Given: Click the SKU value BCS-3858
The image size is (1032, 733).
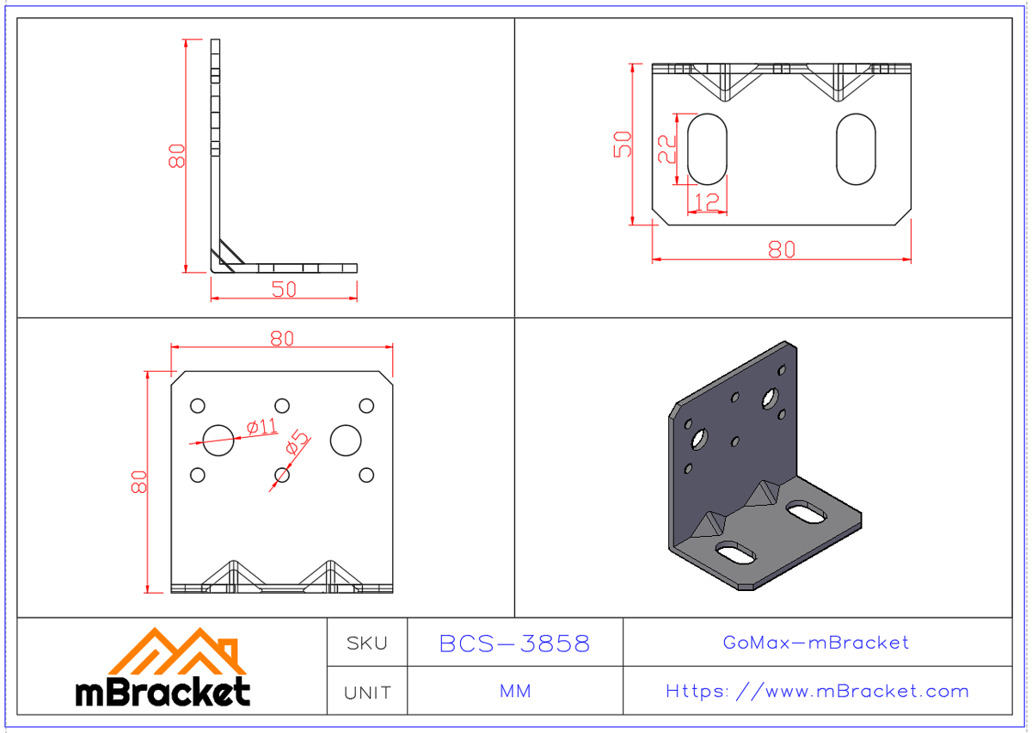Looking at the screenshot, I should point(514,644).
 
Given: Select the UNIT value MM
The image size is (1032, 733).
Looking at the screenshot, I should point(514,692).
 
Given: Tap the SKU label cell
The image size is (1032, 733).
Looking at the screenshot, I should point(367,644).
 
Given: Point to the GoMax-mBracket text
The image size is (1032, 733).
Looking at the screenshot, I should point(815,643).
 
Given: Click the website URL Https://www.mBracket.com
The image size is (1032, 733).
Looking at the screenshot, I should point(817,691).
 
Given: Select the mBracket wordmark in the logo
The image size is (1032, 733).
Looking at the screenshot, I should point(163,691).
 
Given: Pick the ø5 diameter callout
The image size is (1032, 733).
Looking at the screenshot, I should point(298,442).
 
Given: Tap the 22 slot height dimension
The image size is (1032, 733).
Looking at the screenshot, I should point(667,148).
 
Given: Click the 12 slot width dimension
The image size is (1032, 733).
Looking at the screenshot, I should point(706,202).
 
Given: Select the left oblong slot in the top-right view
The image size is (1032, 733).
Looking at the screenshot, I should point(707,148).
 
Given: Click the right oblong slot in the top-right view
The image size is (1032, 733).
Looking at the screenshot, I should point(856,148).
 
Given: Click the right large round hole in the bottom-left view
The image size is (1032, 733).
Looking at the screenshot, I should point(346,440).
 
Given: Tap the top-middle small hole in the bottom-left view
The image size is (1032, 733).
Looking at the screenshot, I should point(281,405).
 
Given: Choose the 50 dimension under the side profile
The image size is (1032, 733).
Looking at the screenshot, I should point(284,289).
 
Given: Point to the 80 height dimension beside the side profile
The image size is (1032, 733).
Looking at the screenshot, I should point(176,156).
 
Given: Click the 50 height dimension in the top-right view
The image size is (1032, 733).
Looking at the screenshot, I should point(623,144).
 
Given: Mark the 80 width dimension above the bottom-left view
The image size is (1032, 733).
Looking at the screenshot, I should point(281,338).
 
